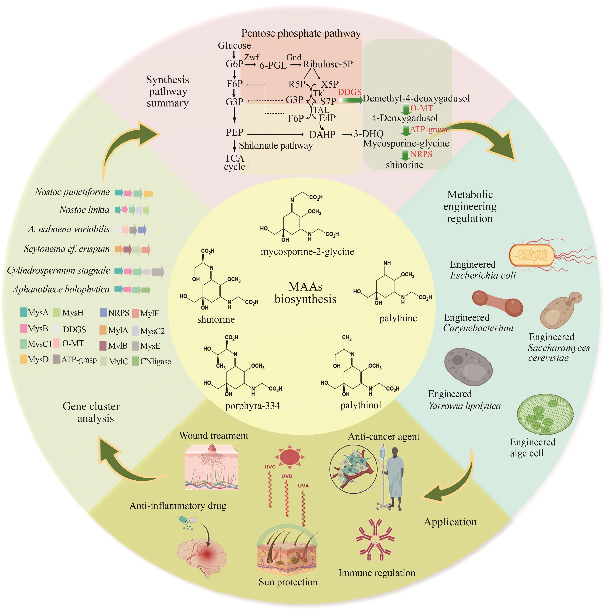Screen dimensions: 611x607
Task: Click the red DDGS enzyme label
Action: [x=349, y=92]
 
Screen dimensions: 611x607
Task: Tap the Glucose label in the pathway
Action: [x=234, y=46]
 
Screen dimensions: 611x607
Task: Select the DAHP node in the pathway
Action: [x=322, y=135]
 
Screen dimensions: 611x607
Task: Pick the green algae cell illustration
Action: [x=545, y=414]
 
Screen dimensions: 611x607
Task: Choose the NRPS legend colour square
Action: [x=103, y=313]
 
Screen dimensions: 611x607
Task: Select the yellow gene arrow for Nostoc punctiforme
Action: [x=148, y=193]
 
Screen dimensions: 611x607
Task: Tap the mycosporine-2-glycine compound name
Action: [x=307, y=252]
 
